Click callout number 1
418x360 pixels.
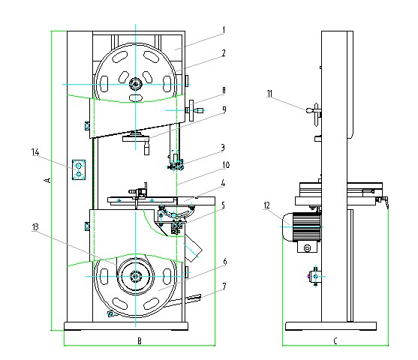tap(224, 30)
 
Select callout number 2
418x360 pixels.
tap(224, 53)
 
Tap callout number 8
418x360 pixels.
tap(224, 91)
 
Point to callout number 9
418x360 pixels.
tap(224, 109)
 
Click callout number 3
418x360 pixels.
tap(223, 147)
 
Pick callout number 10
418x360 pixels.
tap(226, 165)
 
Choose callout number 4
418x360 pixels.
tap(223, 183)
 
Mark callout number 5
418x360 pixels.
tap(223, 205)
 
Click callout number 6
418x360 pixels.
tap(224, 262)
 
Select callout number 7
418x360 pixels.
tap(224, 286)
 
